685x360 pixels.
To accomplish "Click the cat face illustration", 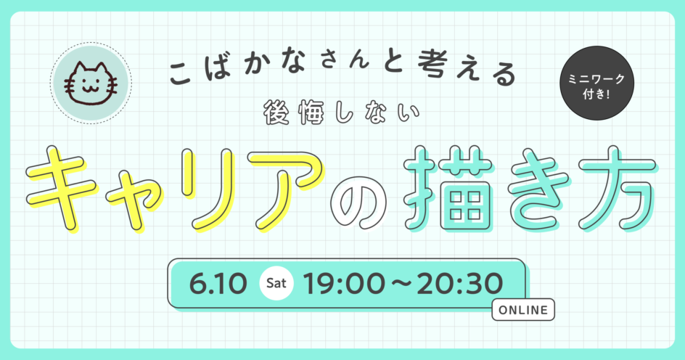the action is point(91,84).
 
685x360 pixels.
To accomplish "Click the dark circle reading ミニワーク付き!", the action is point(596,83).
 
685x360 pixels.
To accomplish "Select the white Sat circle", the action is point(276,283).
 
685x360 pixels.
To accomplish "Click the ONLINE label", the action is point(523,310).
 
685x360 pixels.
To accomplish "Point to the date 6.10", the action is point(218,284).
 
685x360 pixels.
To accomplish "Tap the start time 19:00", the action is point(344,284).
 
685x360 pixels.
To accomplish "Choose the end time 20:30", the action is point(459,284).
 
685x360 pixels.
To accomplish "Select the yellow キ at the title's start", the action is point(61,188).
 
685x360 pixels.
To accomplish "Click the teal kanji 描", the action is point(449,187).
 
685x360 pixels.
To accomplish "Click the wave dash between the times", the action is point(401,284).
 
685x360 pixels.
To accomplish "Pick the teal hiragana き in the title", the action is point(537,188).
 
